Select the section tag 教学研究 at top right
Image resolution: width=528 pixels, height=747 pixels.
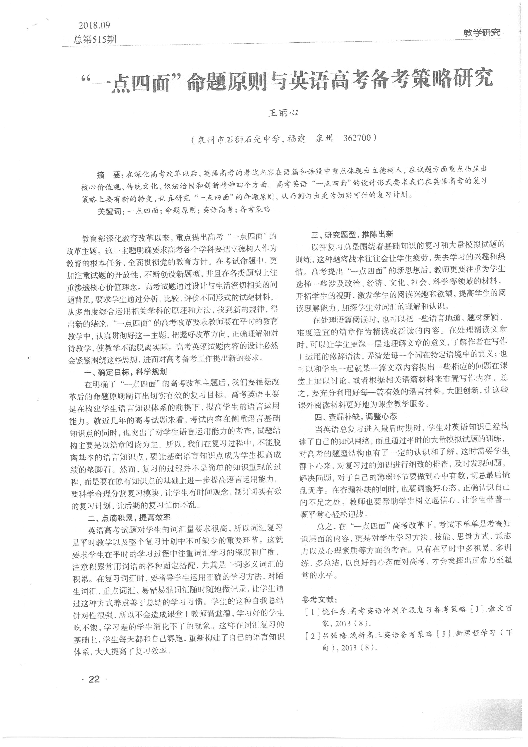pos(482,33)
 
